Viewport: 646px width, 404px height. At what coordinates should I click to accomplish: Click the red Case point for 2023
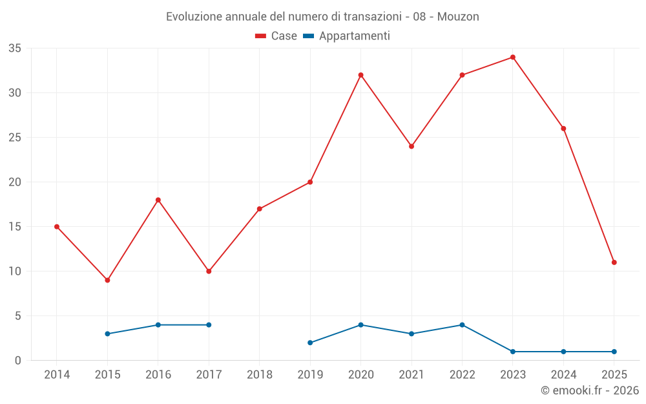click(513, 57)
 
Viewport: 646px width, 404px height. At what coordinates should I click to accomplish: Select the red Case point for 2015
click(107, 280)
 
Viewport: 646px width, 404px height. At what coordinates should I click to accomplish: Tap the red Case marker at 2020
click(360, 75)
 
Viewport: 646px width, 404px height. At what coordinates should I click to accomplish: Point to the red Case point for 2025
click(614, 262)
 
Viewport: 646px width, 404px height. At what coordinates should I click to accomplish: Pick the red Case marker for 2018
click(259, 209)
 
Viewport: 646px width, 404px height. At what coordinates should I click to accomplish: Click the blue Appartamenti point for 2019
click(310, 343)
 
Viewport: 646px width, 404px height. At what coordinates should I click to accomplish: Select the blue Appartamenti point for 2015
click(107, 334)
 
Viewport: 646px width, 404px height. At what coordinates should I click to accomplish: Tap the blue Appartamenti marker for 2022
click(462, 324)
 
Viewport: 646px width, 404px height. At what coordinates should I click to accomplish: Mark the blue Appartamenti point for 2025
click(614, 352)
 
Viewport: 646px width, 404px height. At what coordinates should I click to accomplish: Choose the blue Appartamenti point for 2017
click(209, 324)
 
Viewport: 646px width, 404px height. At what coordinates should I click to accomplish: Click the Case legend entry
click(276, 36)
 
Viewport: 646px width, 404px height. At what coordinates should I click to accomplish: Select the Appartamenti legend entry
click(346, 36)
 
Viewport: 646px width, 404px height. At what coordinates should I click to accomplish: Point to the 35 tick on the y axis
click(15, 48)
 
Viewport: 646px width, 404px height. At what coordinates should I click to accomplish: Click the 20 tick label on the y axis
click(15, 182)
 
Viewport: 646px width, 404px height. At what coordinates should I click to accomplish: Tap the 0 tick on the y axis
click(18, 361)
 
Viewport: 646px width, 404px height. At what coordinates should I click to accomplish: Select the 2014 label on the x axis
click(57, 374)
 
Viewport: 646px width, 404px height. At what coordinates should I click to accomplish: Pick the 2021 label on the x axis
click(412, 374)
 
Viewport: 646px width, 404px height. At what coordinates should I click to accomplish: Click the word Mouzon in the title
click(458, 17)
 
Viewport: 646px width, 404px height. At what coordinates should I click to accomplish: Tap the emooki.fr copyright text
click(589, 390)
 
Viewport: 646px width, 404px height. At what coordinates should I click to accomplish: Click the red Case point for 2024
click(563, 129)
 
